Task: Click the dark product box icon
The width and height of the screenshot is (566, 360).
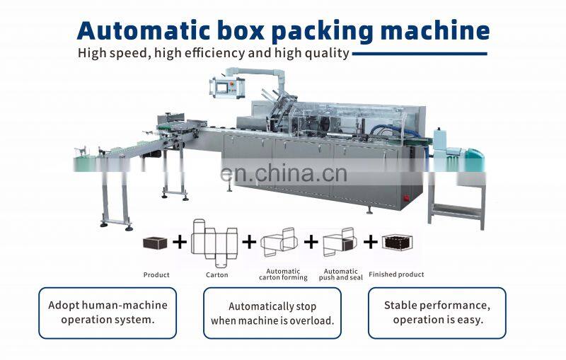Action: [x=155, y=243]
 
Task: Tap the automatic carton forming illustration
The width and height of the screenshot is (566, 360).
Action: [x=281, y=243]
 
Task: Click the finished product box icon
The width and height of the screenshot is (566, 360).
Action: [x=397, y=243]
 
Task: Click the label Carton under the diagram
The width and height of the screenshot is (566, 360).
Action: [x=216, y=274]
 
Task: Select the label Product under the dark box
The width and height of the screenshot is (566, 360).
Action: [x=156, y=274]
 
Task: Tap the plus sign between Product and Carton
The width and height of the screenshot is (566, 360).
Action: [x=180, y=243]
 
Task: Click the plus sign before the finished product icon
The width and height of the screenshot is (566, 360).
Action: [x=371, y=243]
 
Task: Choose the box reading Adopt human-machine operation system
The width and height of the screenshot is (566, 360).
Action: [x=108, y=313]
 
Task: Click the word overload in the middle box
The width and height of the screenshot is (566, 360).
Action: [x=312, y=320]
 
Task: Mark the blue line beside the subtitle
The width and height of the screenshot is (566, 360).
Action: [x=419, y=53]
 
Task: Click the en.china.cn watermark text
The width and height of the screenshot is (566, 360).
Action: [x=283, y=172]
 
